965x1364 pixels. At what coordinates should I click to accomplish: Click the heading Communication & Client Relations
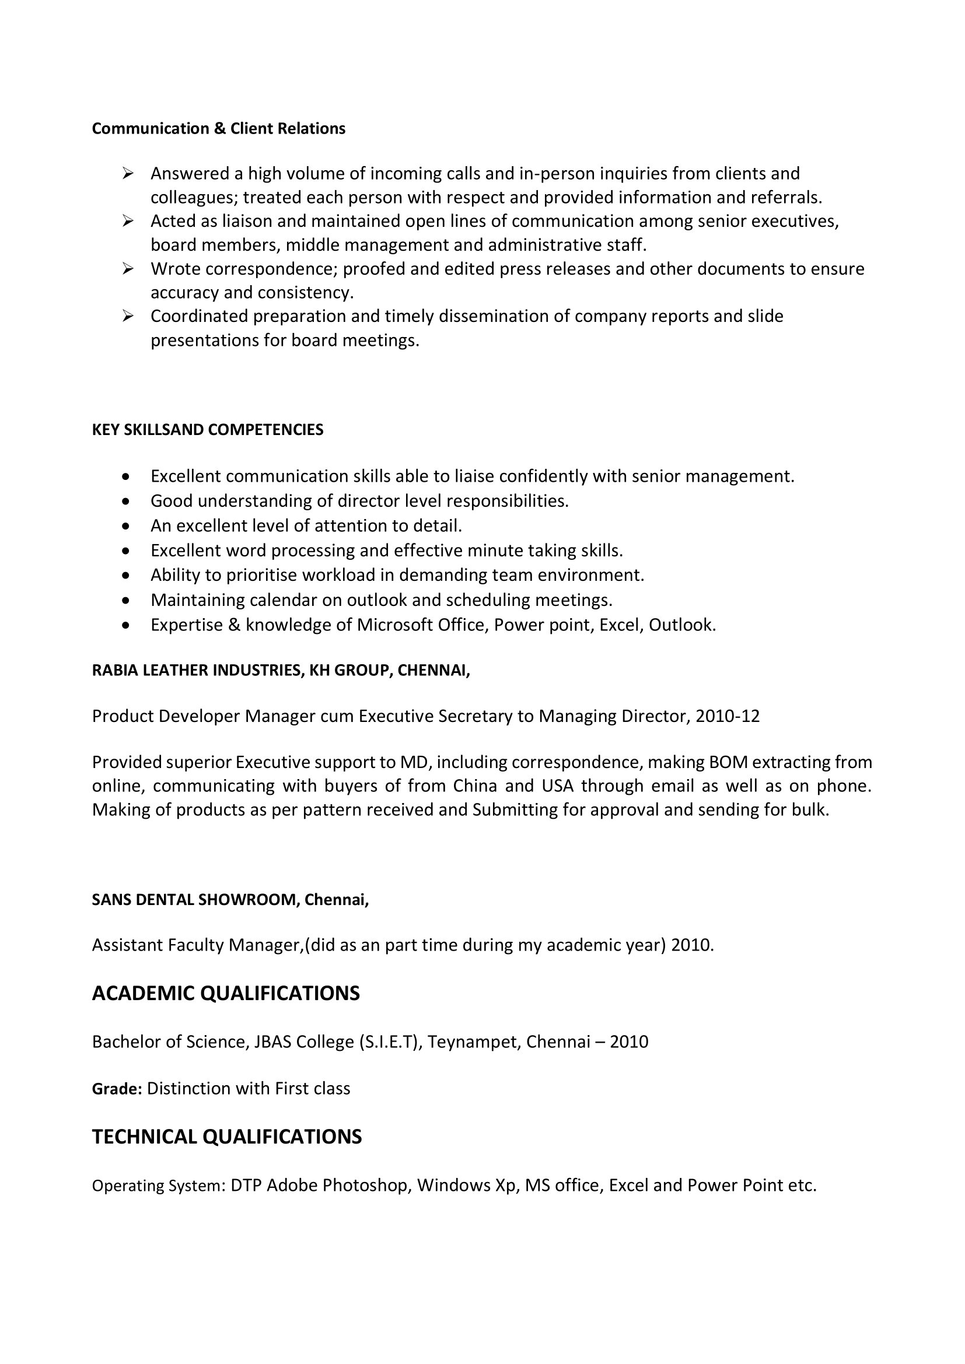point(218,129)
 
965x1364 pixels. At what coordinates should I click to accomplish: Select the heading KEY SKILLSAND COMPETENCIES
point(207,430)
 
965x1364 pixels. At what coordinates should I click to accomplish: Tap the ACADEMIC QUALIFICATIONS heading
point(226,993)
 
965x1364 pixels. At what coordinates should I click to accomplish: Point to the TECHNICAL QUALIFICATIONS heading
point(226,1137)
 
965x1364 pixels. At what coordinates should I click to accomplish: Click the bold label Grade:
point(117,1088)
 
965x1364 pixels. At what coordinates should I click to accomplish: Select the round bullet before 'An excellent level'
point(125,526)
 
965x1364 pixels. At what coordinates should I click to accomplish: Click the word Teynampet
point(473,1042)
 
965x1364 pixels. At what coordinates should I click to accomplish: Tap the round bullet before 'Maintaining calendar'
point(125,600)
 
